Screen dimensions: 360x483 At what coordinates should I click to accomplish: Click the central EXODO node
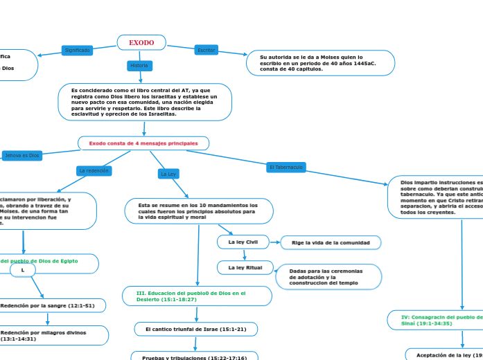tap(141, 43)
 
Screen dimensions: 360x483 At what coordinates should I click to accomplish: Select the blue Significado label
tap(78, 51)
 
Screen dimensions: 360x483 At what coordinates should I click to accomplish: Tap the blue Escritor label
tap(206, 51)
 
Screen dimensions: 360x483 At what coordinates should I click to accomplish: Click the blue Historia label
tap(139, 66)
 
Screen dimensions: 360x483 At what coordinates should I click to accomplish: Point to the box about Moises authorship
tap(320, 63)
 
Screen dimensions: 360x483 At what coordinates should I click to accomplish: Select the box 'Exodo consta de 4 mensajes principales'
tap(143, 143)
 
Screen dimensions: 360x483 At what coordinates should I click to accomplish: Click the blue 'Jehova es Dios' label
tap(22, 156)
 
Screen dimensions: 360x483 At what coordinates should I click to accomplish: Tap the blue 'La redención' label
tap(94, 170)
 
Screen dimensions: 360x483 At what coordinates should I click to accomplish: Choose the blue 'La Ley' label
tap(168, 174)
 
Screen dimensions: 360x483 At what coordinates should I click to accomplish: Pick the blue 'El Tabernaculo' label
tap(286, 168)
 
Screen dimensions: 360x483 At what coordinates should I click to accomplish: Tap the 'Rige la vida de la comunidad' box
tap(331, 242)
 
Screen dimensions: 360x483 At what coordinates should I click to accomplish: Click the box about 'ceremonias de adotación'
tap(328, 277)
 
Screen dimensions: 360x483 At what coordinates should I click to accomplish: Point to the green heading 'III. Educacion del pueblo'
tap(197, 296)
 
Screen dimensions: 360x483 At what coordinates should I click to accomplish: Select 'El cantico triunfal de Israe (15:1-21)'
tap(195, 329)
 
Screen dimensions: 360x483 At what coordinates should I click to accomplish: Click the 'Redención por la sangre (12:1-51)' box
tap(53, 305)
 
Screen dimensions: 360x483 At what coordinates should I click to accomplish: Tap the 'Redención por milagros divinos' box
tap(53, 336)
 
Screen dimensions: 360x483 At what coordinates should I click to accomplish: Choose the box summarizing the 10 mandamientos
tap(199, 211)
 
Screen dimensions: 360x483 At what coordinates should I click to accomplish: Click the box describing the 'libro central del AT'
tap(145, 102)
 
